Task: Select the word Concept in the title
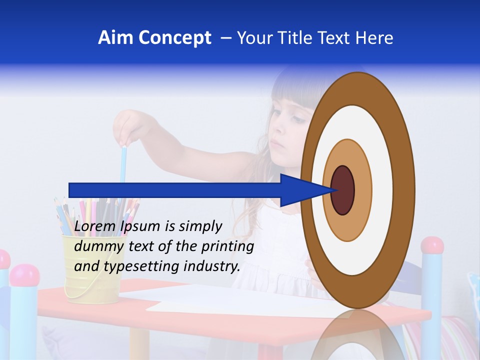[x=174, y=38]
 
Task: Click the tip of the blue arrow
[x=333, y=190]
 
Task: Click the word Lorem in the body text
[x=96, y=226]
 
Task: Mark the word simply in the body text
[x=200, y=227]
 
